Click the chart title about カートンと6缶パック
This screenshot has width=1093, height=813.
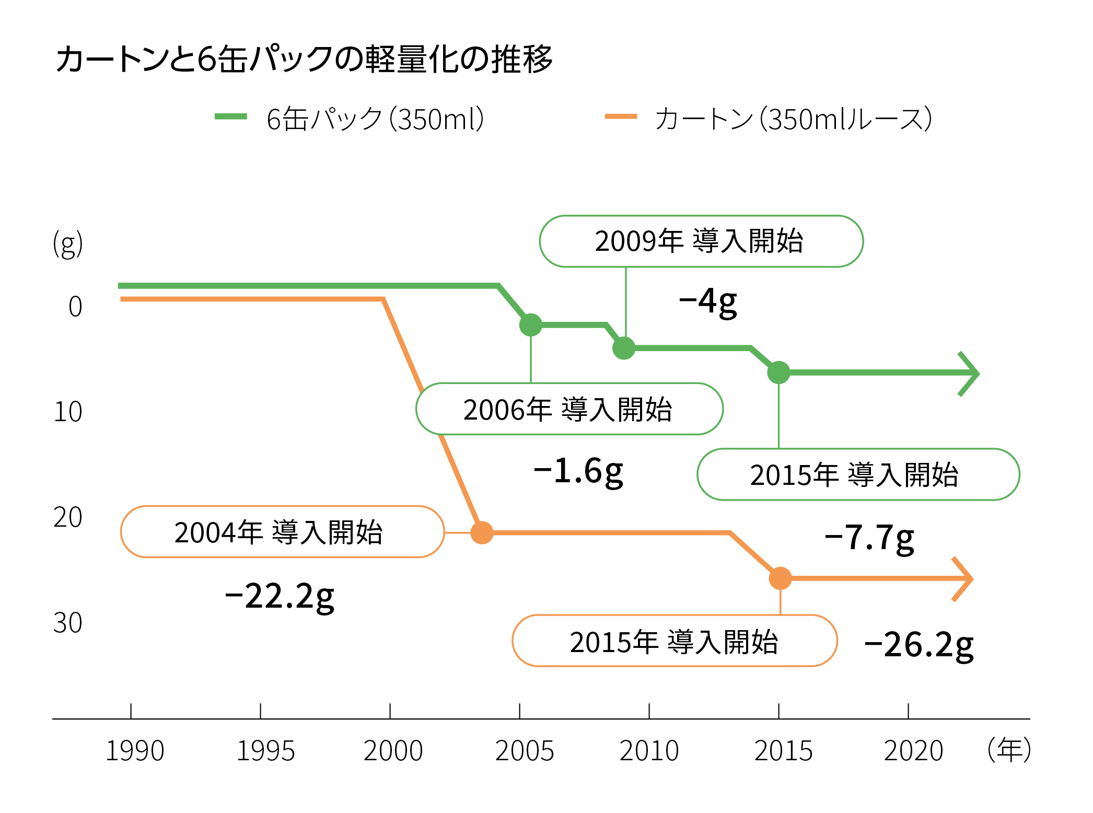[304, 59]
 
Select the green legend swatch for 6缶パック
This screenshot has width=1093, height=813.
[230, 117]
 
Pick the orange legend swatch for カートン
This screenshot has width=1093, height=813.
[621, 117]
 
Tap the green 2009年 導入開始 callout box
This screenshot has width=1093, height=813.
[701, 241]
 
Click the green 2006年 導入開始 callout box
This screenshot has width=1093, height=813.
[569, 409]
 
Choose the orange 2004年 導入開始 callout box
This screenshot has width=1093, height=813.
[282, 532]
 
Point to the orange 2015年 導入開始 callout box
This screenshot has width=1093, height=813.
[675, 641]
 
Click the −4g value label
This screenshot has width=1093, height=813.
[708, 302]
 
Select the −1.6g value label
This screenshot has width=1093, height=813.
[578, 470]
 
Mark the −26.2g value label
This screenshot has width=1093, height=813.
[919, 645]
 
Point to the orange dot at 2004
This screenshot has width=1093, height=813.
[482, 532]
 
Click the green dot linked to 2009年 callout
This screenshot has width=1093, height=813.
[624, 348]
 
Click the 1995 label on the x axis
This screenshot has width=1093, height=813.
[265, 751]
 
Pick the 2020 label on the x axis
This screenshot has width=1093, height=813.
[913, 751]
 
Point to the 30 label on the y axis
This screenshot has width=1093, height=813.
[68, 623]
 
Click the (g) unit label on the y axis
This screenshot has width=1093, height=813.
[68, 244]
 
